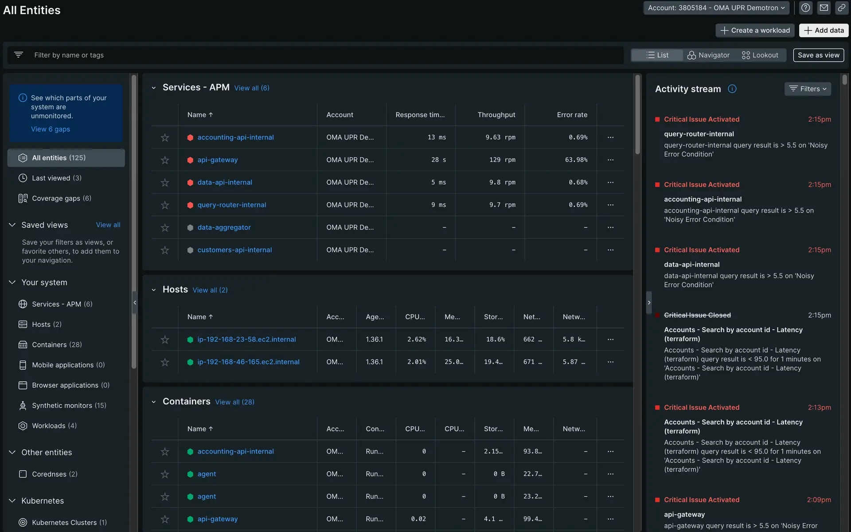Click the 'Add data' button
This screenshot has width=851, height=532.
(824, 30)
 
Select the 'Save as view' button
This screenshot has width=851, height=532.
(818, 55)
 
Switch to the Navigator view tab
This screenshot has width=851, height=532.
(708, 55)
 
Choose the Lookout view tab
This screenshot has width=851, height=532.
(760, 55)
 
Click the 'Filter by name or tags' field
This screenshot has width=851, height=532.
(310, 55)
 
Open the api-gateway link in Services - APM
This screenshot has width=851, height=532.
(218, 160)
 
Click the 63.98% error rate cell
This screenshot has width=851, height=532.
(576, 160)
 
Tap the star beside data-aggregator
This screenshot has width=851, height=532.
(165, 227)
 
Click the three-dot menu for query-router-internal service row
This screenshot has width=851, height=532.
(610, 205)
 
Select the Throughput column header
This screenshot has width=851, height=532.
(496, 115)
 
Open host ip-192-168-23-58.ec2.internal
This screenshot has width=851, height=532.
(246, 340)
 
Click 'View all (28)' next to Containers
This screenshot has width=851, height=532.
(234, 402)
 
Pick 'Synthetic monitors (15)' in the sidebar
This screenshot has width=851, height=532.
(69, 406)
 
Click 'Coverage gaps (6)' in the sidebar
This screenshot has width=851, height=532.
(62, 198)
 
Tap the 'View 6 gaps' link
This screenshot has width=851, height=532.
(51, 129)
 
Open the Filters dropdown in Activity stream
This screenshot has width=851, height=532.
(808, 89)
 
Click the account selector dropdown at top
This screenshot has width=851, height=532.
(716, 8)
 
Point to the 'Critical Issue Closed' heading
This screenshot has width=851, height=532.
(697, 315)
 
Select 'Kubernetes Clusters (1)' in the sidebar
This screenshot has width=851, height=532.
(69, 523)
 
